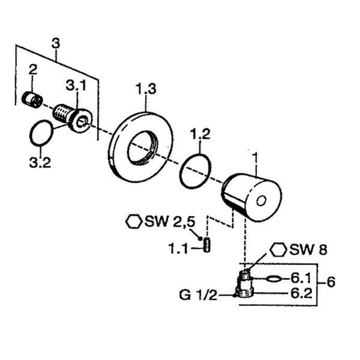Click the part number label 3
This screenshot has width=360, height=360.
pos(56,43)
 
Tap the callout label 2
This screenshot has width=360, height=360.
pos(32,70)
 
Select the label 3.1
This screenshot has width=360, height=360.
pos(77,86)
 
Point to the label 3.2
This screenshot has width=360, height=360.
pos(40,163)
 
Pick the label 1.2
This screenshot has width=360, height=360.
pos(200,134)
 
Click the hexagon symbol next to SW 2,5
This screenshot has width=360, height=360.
pos(133,221)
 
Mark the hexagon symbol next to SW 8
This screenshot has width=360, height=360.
pos(278,250)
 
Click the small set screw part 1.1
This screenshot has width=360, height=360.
pos(208,245)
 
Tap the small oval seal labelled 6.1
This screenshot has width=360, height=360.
pos(273,278)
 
